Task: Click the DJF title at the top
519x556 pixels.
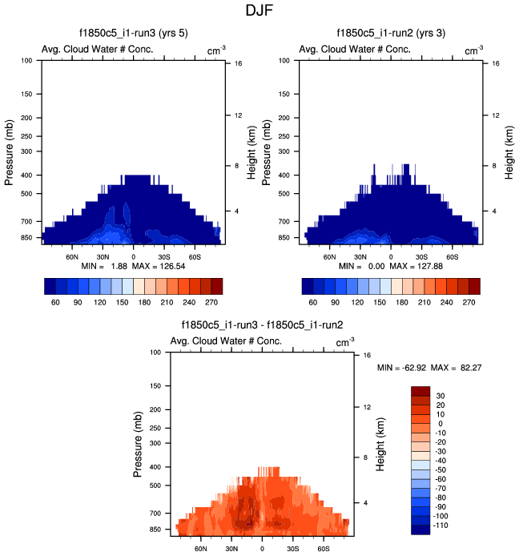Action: pos(259,12)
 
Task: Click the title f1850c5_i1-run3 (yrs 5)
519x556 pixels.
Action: pos(132,34)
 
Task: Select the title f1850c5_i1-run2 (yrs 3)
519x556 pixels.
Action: pos(391,34)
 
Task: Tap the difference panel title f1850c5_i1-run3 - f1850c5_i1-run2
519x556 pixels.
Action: pos(263,325)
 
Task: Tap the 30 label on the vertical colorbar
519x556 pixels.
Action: pos(441,396)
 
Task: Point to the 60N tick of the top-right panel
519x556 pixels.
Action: pos(330,257)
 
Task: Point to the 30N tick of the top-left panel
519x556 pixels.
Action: pos(103,257)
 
